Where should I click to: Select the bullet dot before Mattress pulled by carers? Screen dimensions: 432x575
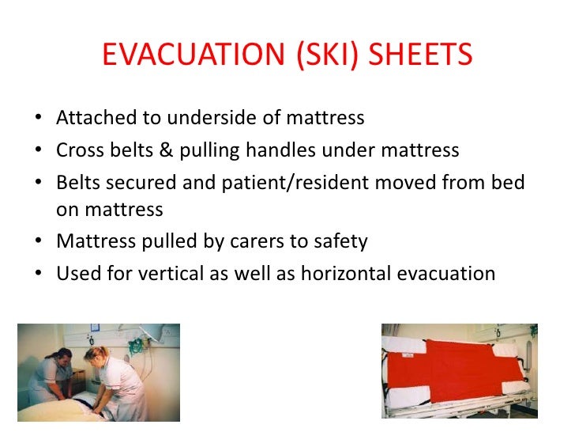coord(39,242)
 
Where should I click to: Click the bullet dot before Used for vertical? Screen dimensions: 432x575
coord(39,274)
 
